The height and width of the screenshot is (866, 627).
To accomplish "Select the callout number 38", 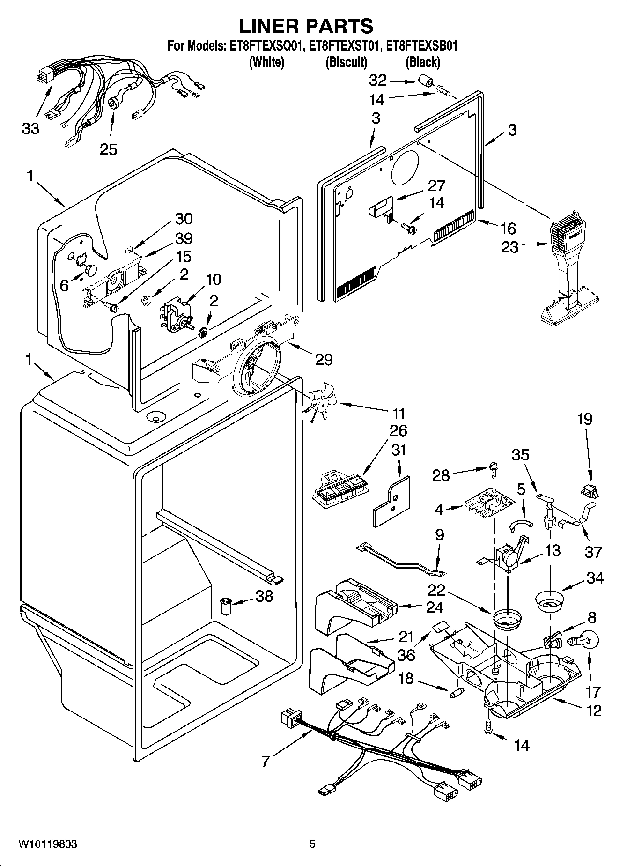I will tap(264, 596).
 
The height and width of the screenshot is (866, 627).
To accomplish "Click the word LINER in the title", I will tap(271, 26).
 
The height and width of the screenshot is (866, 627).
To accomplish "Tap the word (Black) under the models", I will tap(422, 62).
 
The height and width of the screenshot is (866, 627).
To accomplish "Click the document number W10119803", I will tap(48, 844).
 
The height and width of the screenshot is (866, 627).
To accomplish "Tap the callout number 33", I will tap(31, 128).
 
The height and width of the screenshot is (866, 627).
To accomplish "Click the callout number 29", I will tap(324, 360).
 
